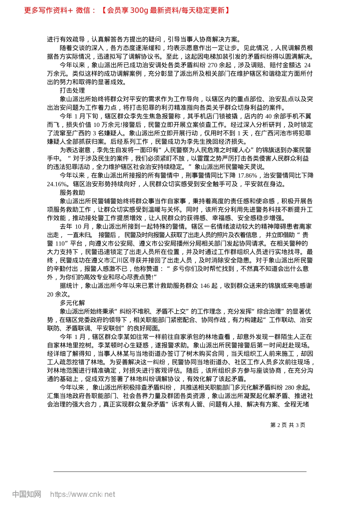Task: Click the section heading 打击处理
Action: coord(72,91)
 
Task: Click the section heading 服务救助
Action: coord(72,192)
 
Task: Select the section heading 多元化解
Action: coord(72,303)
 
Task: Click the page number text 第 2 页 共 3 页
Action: coord(288,425)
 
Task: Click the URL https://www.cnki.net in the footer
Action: coord(83,494)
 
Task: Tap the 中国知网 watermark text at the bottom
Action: coord(27,494)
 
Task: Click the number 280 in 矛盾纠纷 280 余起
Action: coord(289,387)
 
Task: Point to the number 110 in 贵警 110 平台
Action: coord(60,244)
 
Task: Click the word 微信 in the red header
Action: coord(83,10)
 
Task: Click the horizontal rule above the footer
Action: coord(180,472)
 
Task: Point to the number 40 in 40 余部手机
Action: coord(268,116)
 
